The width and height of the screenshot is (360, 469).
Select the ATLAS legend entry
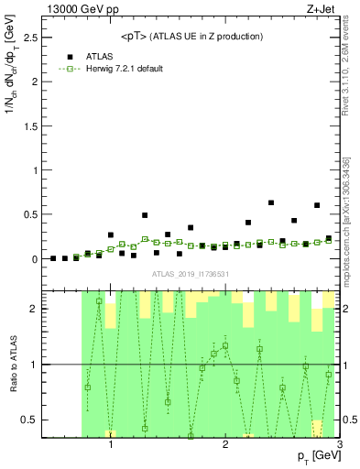96,56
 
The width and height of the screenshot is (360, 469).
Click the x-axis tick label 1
111,446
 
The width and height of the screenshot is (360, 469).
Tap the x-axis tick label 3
339,446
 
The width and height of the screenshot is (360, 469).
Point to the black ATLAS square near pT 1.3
145,215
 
